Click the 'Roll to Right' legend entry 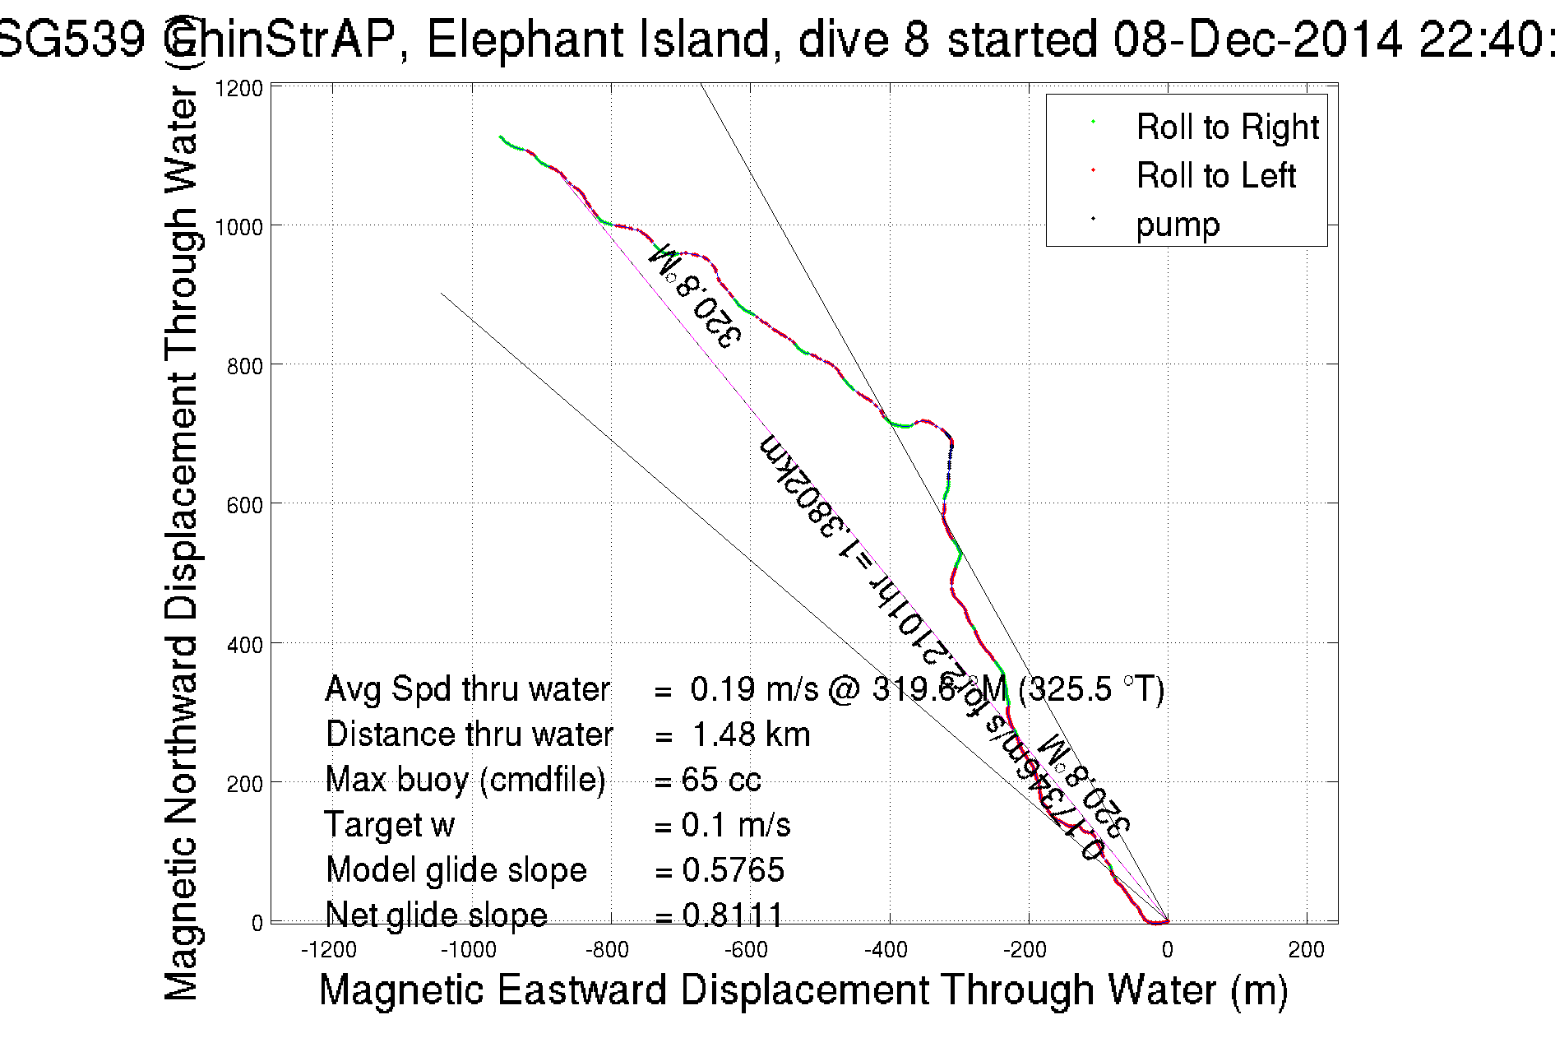1226,127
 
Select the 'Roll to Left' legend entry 1215,175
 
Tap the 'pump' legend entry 1178,224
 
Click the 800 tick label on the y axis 244,365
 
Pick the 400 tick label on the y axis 244,644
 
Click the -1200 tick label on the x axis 329,950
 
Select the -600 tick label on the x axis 747,950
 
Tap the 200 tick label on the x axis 1306,950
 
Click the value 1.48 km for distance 751,734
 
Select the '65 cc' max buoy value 721,780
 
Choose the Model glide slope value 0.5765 733,870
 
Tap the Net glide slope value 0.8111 733,914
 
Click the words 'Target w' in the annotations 390,825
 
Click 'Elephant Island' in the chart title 599,39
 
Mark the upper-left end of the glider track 501,137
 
